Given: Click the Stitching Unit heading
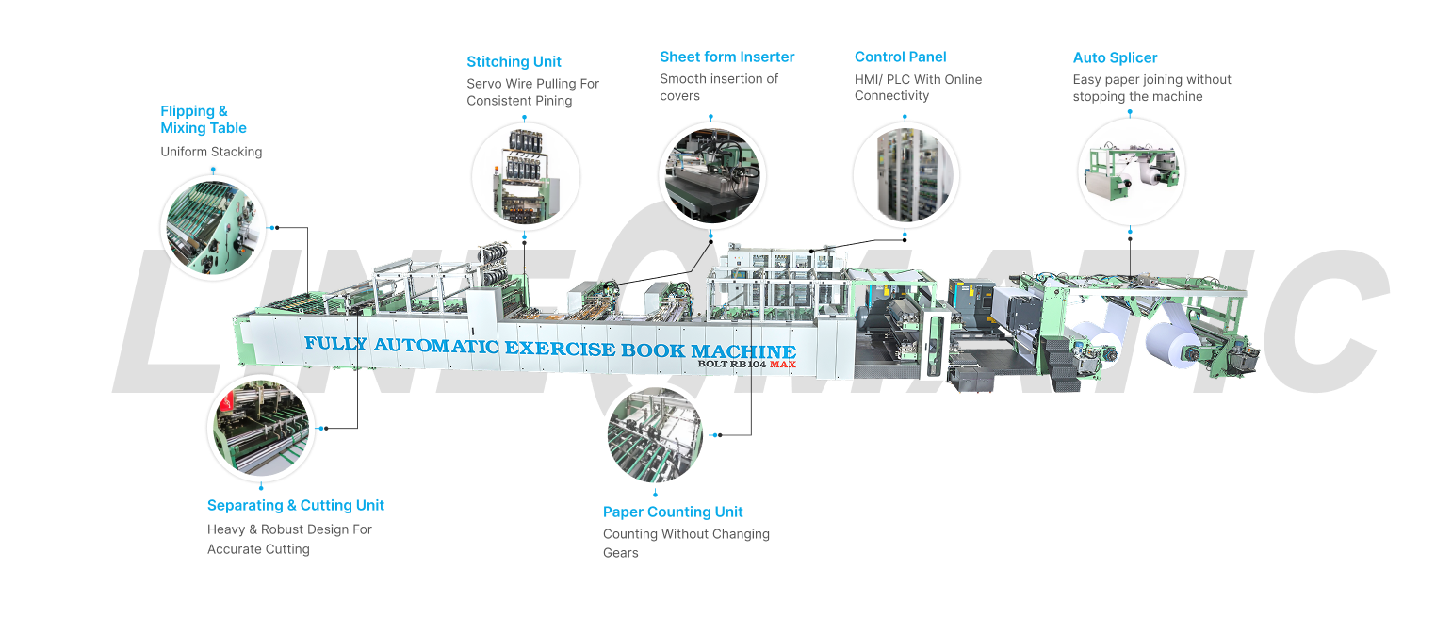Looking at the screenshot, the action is point(514,61).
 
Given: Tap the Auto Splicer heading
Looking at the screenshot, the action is point(1115,57).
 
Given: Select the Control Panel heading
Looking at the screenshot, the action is point(901,57).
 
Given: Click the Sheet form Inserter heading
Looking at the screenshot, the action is point(726,57).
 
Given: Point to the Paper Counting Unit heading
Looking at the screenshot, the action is point(673,512).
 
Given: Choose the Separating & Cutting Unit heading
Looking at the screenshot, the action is point(296,505).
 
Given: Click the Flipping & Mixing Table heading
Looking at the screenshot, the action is point(204,120).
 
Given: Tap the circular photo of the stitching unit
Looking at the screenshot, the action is point(525,176).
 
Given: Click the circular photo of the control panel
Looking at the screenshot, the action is point(905,175).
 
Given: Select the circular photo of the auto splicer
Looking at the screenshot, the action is point(1131,171).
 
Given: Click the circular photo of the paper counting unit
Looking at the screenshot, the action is point(655,435).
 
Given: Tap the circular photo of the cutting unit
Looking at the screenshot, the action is point(261,429).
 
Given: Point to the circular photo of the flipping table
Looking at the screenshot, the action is point(213,228).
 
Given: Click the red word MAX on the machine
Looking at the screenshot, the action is point(783,364).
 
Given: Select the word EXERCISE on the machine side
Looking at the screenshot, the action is point(560,349).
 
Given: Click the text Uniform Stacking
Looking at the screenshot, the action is point(211,152).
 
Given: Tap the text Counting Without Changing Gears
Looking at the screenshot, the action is point(687,543).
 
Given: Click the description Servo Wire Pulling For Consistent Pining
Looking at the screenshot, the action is point(532,92).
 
